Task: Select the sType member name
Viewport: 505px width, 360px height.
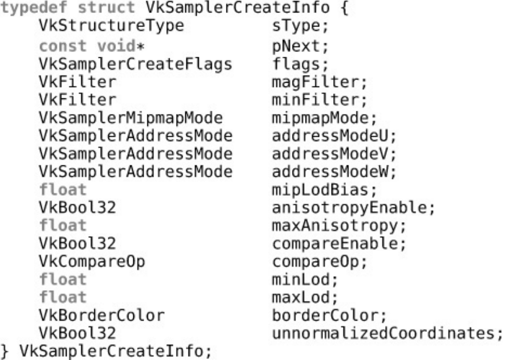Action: tap(296, 27)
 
